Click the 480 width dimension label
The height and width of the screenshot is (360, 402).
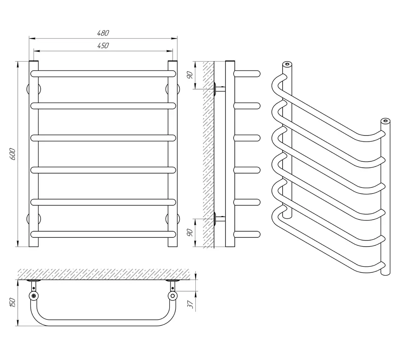pos(103,33)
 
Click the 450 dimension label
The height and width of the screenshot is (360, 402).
pos(103,45)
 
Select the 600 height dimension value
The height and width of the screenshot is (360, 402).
pos(13,154)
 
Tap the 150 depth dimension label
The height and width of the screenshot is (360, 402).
pos(13,302)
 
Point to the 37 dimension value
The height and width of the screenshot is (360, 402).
pos(190,304)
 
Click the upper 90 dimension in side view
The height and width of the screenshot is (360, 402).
pos(189,75)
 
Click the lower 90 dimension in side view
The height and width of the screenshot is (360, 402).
pos(189,233)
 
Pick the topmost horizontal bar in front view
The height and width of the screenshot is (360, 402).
pos(103,74)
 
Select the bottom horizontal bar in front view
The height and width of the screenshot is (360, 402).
pos(103,234)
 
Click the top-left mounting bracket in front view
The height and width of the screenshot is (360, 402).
pos(34,89)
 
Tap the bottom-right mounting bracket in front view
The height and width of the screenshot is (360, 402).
pos(172,219)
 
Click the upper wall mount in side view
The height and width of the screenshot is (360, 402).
pos(219,89)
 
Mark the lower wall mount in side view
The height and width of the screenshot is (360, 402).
pos(219,219)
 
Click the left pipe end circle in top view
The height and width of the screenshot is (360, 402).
pos(34,296)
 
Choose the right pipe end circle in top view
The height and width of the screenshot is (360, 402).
pos(172,296)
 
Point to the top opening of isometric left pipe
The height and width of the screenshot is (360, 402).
pos(287,64)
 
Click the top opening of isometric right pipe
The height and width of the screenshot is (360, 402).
pos(386,120)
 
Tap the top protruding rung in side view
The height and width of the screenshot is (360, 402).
pos(247,74)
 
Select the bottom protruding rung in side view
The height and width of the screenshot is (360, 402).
pos(247,234)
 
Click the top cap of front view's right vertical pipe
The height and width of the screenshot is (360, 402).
pos(172,62)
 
